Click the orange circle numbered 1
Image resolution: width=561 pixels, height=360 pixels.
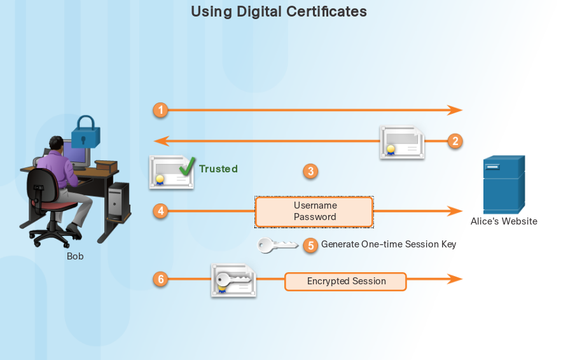click(161, 110)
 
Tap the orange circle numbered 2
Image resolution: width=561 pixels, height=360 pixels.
click(454, 141)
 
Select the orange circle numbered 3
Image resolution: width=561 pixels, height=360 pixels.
click(310, 171)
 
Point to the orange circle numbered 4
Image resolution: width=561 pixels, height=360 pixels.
click(161, 211)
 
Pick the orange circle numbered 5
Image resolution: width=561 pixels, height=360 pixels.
click(310, 245)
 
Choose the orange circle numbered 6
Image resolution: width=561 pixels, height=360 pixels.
click(161, 279)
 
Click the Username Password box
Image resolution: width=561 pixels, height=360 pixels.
click(314, 211)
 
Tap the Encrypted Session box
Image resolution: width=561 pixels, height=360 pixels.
click(345, 281)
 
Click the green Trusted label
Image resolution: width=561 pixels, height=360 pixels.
click(218, 169)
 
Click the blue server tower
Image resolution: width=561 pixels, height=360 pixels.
click(503, 184)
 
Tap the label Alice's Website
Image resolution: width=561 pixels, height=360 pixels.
click(504, 221)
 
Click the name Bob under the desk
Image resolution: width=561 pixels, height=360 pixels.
click(75, 256)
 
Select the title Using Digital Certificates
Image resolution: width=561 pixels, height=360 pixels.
click(279, 11)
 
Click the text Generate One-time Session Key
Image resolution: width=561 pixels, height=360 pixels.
click(389, 244)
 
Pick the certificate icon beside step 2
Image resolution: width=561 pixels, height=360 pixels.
click(402, 141)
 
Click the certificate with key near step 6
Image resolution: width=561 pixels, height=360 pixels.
click(233, 280)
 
